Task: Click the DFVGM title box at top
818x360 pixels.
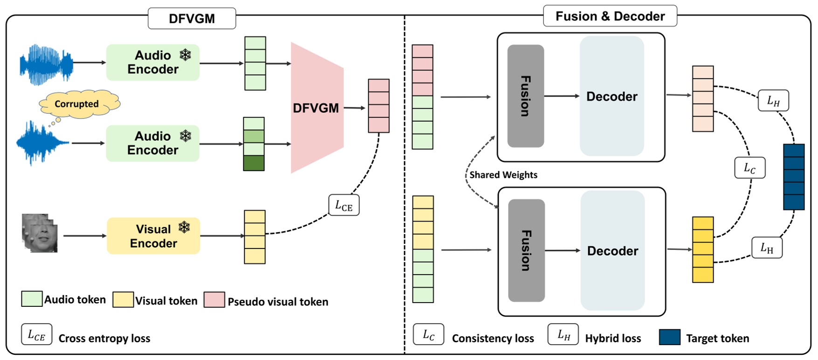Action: [192, 19]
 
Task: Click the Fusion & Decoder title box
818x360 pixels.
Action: [610, 16]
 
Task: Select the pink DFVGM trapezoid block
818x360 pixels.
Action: [316, 108]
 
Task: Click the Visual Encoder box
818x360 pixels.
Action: [153, 236]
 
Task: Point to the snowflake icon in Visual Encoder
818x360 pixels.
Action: [185, 227]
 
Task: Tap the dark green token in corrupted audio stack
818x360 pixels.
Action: [254, 163]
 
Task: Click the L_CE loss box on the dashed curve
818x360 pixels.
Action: [344, 205]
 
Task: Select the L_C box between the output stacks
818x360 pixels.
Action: [749, 168]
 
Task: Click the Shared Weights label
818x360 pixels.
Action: [503, 175]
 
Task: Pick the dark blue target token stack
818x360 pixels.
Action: [794, 177]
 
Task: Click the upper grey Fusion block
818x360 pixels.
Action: [525, 96]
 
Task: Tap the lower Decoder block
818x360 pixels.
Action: [612, 251]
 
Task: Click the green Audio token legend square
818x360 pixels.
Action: [32, 299]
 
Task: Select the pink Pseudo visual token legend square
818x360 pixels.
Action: [214, 300]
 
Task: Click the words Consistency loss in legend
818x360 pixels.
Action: [493, 339]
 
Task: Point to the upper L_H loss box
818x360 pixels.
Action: [773, 101]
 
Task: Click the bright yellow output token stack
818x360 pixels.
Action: [702, 249]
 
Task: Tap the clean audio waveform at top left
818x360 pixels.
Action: [47, 64]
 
